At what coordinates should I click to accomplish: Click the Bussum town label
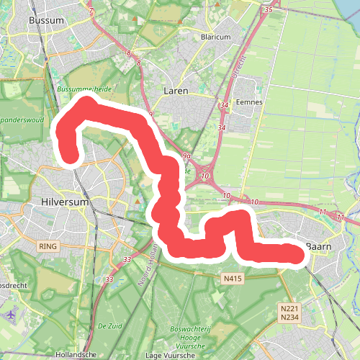47,21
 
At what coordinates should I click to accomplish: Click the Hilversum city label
64,202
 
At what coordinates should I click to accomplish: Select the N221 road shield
289,307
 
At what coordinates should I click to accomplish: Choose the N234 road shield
289,317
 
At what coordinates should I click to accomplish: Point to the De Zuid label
110,325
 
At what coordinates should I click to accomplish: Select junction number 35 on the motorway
269,10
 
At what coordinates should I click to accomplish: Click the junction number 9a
186,156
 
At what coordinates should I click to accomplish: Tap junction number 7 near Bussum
91,12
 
